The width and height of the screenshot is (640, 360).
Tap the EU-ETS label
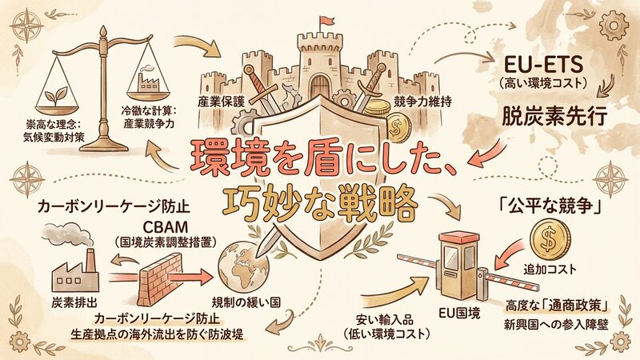coord(545,64)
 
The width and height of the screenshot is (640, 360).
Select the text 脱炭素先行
coord(554,116)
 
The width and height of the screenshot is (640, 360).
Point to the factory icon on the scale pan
coord(148,80)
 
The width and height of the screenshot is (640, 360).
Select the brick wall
coord(160,278)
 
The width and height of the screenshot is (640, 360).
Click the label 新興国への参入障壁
coord(556,325)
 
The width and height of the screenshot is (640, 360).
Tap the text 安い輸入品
coord(385,318)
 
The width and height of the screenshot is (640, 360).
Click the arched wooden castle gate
coord(319,87)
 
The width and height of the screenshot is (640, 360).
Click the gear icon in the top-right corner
coord(612,26)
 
